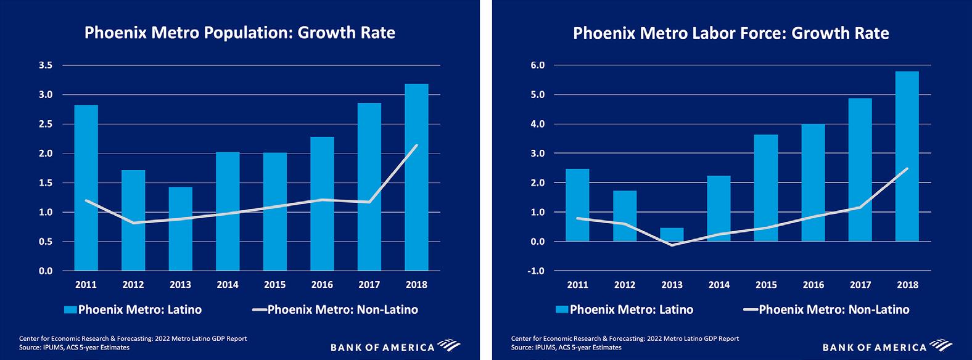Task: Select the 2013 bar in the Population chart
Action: pos(180,229)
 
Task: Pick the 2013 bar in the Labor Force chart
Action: pos(672,235)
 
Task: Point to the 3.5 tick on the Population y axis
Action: pos(46,65)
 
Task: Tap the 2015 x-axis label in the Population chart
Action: pos(274,285)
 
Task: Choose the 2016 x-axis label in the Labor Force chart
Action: pos(813,285)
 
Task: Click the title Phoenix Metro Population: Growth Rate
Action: pos(239,33)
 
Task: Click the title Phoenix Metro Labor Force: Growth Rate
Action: pos(731,33)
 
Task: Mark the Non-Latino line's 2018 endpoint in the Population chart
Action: pos(416,145)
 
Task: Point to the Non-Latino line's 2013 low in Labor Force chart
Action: pos(672,245)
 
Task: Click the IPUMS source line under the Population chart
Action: pos(74,348)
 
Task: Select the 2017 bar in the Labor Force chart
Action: pos(860,170)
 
